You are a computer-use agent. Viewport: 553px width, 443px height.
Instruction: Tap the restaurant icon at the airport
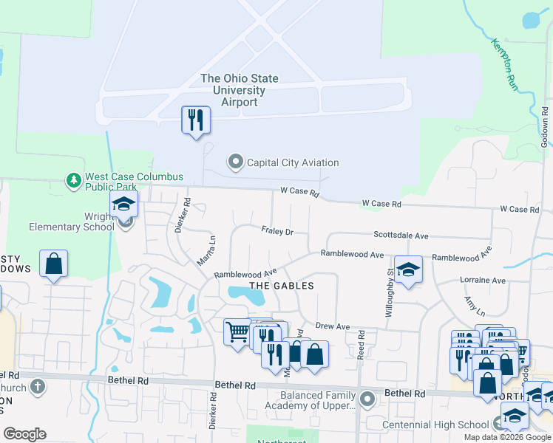click(196, 120)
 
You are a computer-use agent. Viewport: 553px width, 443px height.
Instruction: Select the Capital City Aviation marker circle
click(236, 162)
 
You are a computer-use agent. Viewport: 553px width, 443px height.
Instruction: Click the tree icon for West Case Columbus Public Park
click(73, 180)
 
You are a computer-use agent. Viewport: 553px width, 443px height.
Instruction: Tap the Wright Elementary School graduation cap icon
click(124, 205)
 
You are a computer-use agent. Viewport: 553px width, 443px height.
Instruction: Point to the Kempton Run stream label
click(502, 64)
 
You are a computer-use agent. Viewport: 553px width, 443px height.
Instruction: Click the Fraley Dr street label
click(277, 231)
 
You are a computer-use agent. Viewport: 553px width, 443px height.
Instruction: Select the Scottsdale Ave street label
click(401, 236)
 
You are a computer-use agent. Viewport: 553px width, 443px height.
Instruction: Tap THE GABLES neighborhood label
click(282, 285)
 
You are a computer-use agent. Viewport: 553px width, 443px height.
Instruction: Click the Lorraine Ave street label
click(482, 281)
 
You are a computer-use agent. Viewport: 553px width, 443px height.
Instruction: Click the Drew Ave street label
click(332, 326)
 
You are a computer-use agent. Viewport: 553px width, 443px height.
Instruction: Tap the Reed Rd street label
click(362, 344)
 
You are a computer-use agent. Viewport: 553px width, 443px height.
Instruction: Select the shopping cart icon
click(237, 332)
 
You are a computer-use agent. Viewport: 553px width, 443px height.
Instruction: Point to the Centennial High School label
click(435, 425)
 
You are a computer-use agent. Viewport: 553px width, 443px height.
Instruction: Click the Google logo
click(24, 434)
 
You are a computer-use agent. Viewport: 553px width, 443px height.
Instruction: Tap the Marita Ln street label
click(206, 250)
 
